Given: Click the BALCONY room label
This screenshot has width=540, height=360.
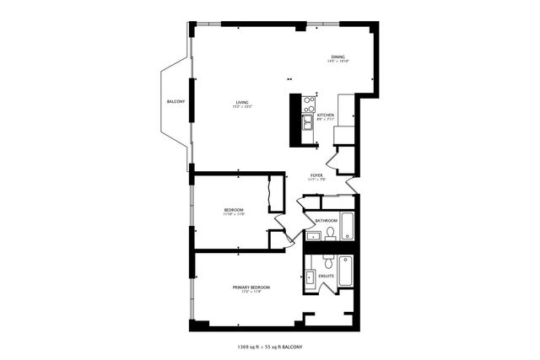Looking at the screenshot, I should [175, 102].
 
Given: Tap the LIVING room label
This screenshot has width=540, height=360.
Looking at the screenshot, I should [241, 102].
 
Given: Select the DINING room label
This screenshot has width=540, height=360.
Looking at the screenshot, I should [337, 56].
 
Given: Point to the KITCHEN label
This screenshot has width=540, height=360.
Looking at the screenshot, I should [325, 115].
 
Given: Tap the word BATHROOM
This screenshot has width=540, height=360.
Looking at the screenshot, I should [327, 221].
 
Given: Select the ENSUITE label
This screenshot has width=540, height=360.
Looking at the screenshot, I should [327, 276].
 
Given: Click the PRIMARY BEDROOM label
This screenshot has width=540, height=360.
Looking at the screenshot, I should [251, 287].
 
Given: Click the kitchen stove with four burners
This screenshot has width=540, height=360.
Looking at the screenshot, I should [309, 104].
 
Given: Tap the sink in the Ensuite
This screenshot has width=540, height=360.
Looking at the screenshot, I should [310, 277].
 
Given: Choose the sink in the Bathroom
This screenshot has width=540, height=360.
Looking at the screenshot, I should [311, 235].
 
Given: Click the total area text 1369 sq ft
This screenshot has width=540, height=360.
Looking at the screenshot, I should [250, 347].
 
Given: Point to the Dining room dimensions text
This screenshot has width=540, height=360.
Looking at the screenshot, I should [337, 62].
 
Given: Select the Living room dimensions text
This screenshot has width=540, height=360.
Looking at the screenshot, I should [241, 107].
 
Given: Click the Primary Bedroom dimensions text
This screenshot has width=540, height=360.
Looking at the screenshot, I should [251, 293].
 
